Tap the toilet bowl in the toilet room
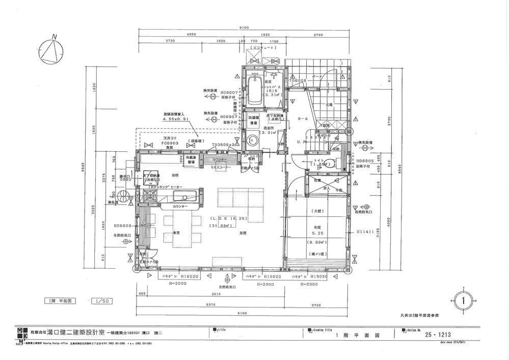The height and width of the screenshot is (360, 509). pyautogui.click(x=331, y=164)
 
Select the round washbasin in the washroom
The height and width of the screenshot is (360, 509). pyautogui.click(x=250, y=141)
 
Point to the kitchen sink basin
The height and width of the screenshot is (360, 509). pyautogui.click(x=181, y=197)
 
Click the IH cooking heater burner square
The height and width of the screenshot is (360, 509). pyautogui.click(x=151, y=177)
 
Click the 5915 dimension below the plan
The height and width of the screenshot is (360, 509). pyautogui.click(x=217, y=293)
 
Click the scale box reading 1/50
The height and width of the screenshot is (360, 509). pyautogui.click(x=100, y=301)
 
